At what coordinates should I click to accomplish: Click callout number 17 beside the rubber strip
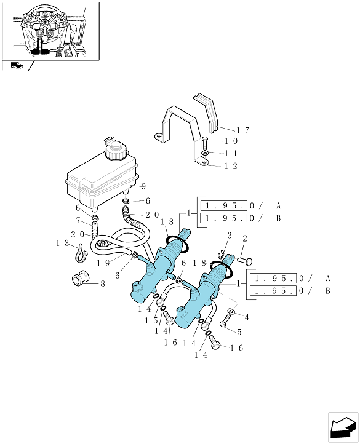243,130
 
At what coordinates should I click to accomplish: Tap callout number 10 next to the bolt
231,141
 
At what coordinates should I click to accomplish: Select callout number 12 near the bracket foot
231,166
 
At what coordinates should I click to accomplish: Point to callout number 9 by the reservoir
143,186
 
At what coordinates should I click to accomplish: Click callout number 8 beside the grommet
103,283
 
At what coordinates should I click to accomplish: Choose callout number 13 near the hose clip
63,243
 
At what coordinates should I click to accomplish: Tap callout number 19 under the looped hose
103,263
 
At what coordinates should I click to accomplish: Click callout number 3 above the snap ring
230,236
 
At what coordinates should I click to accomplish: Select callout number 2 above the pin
245,239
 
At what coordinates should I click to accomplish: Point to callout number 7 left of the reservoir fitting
78,220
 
